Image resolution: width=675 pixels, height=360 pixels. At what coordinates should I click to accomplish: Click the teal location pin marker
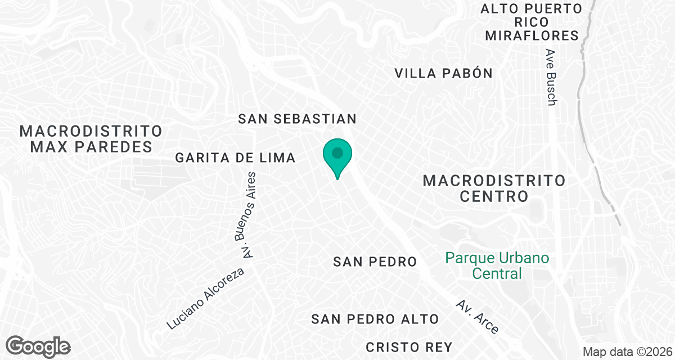pyautogui.click(x=337, y=155)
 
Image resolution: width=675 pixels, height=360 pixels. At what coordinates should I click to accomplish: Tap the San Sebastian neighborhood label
pyautogui.click(x=297, y=119)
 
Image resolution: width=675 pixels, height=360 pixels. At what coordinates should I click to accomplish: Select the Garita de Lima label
pyautogui.click(x=235, y=158)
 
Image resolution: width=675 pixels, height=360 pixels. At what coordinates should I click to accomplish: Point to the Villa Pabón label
pyautogui.click(x=443, y=73)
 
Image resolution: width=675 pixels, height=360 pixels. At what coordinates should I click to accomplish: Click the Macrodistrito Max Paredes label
pyautogui.click(x=91, y=139)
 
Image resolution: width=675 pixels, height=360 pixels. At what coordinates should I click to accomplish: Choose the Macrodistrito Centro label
pyautogui.click(x=494, y=188)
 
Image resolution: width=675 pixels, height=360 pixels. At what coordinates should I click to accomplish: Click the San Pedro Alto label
pyautogui.click(x=375, y=319)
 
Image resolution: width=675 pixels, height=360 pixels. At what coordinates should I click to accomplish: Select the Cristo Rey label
pyautogui.click(x=409, y=346)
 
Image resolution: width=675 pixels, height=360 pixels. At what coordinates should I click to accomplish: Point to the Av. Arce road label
pyautogui.click(x=478, y=317)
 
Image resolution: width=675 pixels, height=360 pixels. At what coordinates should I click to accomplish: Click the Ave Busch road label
pyautogui.click(x=551, y=77)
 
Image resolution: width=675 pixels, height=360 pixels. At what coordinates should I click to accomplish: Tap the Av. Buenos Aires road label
pyautogui.click(x=249, y=215)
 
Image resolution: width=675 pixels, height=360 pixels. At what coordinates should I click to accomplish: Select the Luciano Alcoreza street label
pyautogui.click(x=206, y=299)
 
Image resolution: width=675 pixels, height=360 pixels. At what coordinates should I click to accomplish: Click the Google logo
pyautogui.click(x=38, y=345)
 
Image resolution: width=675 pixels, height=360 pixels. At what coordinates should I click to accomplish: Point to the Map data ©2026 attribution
pyautogui.click(x=627, y=352)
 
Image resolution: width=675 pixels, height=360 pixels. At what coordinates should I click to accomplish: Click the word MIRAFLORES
pyautogui.click(x=532, y=36)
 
